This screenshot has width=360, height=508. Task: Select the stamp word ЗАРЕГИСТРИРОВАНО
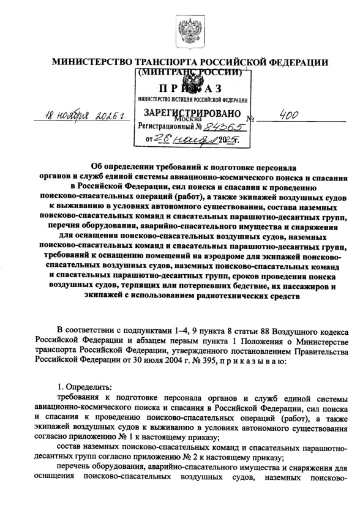[x=189, y=113]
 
